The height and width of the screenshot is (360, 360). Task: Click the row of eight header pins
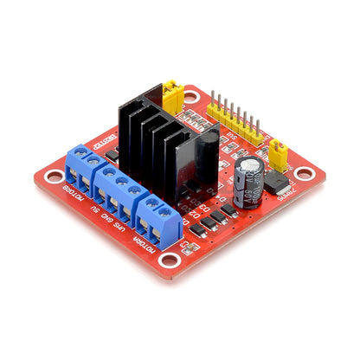tap(231, 121)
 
